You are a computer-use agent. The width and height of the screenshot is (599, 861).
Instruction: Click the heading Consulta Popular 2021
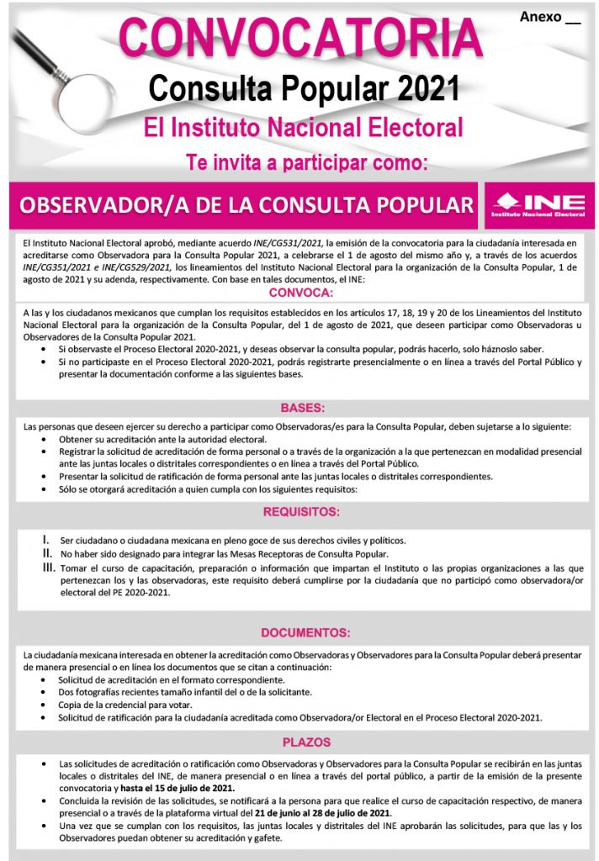pyautogui.click(x=304, y=87)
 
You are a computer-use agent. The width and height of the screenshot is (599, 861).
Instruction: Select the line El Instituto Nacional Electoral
pyautogui.click(x=304, y=127)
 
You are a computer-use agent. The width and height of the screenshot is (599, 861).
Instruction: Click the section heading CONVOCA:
pyautogui.click(x=300, y=293)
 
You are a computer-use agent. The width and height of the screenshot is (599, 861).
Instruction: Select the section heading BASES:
pyautogui.click(x=302, y=408)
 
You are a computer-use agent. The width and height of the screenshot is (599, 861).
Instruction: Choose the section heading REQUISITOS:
pyautogui.click(x=301, y=512)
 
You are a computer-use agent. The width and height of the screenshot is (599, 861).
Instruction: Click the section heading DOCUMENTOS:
pyautogui.click(x=305, y=632)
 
